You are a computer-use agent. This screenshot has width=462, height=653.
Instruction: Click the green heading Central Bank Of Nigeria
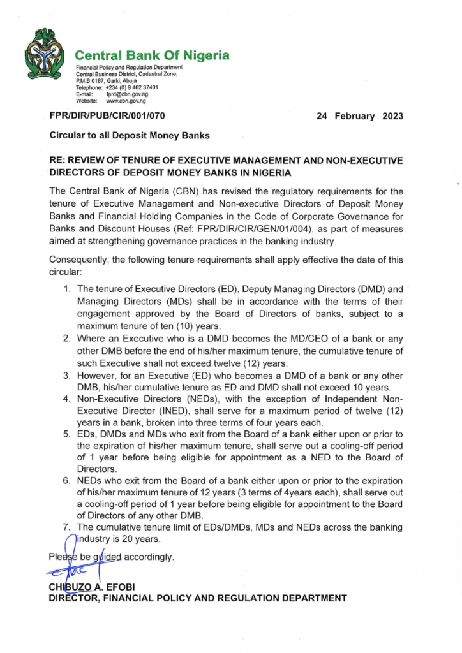[153, 55]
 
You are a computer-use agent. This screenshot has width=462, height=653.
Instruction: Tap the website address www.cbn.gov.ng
[126, 101]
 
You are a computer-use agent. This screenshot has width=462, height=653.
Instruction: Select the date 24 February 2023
[360, 116]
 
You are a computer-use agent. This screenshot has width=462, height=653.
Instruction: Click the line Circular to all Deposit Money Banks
[130, 135]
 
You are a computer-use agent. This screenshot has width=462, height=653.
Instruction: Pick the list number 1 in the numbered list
[66, 289]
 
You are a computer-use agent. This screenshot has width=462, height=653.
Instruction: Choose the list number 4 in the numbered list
[66, 399]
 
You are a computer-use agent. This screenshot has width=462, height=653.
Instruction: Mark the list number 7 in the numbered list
[66, 527]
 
